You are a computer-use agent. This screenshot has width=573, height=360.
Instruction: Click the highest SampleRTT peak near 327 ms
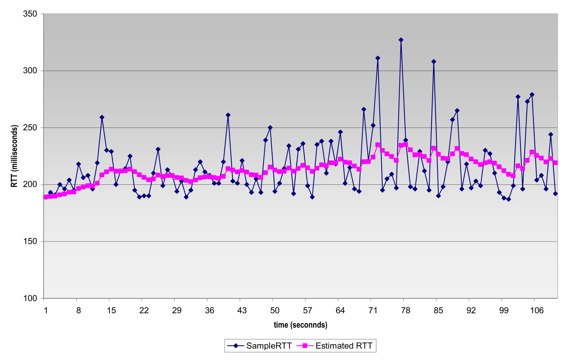click(x=401, y=40)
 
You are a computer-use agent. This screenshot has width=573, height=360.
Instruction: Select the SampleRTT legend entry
click(x=260, y=346)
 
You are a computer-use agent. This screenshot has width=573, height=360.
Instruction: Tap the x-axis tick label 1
click(x=46, y=311)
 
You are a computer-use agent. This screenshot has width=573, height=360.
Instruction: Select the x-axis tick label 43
click(x=242, y=311)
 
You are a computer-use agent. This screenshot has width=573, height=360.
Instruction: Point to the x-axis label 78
click(x=405, y=311)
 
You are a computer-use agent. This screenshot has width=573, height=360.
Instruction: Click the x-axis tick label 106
click(x=536, y=311)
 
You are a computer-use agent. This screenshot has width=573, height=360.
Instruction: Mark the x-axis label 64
click(x=340, y=311)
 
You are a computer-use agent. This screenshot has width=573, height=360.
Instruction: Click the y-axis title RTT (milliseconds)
click(x=14, y=156)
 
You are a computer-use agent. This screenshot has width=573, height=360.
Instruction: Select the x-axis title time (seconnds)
click(x=300, y=325)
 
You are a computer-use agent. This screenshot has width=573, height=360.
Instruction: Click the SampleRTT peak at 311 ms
click(x=377, y=58)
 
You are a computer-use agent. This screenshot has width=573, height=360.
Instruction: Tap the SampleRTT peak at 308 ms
click(x=434, y=61)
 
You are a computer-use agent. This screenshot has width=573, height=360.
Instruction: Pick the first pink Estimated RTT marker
click(x=46, y=197)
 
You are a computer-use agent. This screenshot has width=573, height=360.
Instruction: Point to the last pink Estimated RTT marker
click(x=555, y=162)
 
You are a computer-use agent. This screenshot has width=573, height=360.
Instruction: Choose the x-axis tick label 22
click(x=144, y=311)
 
